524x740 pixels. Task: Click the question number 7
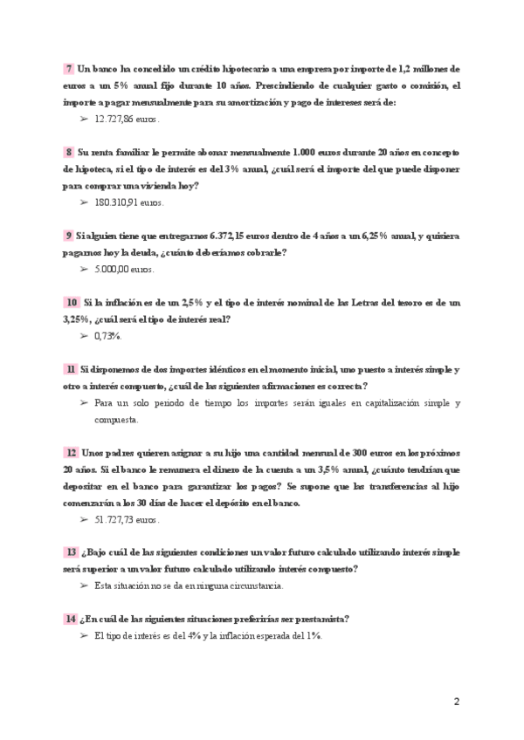click(x=69, y=68)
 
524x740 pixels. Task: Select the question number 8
click(x=69, y=152)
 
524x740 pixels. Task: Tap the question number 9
click(x=69, y=236)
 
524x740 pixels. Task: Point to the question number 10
click(x=72, y=302)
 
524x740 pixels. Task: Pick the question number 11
click(x=70, y=369)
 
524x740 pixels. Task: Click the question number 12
click(x=72, y=453)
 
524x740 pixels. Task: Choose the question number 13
click(x=72, y=552)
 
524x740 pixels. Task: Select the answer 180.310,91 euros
click(x=128, y=202)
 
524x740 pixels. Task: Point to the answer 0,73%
click(x=107, y=336)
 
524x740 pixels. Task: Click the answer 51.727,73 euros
click(x=127, y=519)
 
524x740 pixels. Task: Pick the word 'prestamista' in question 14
click(x=319, y=620)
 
